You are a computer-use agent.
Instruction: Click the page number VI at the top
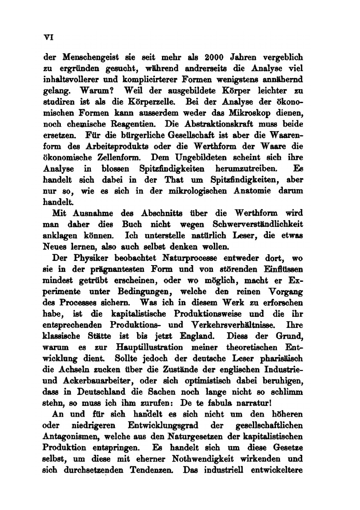[48, 38]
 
